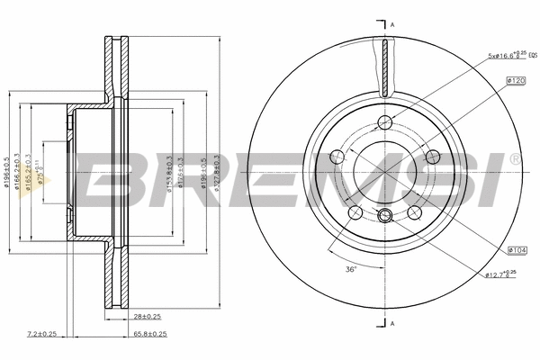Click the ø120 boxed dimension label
click(x=516, y=81)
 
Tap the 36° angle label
click(x=351, y=269)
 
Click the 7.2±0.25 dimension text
click(x=40, y=333)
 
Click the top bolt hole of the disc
click(x=385, y=123)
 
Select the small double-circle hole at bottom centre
click(x=385, y=214)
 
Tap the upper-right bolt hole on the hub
click(x=434, y=154)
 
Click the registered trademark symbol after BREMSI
click(x=514, y=159)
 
